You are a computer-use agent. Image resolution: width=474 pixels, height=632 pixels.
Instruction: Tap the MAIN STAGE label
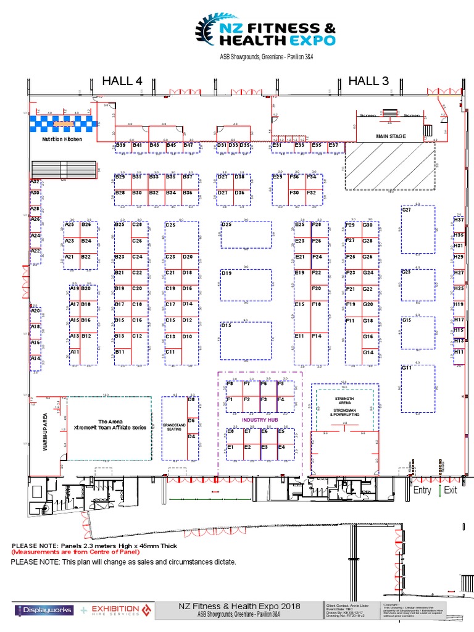(390, 136)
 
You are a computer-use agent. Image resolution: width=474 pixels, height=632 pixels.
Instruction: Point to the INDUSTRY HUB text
(259, 420)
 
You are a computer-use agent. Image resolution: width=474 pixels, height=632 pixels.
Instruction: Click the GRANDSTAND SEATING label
(172, 428)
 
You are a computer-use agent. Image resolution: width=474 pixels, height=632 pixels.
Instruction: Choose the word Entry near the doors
(422, 490)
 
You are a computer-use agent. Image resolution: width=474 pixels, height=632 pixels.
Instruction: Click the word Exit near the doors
(451, 490)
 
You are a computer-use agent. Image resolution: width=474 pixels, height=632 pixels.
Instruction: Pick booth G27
(407, 210)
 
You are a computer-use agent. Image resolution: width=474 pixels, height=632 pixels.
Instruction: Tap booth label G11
(407, 368)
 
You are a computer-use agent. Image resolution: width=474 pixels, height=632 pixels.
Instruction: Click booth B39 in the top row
(122, 145)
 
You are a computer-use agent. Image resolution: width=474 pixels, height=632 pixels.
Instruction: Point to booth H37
(459, 219)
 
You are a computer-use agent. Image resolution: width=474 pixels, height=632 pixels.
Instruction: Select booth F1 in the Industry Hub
(230, 400)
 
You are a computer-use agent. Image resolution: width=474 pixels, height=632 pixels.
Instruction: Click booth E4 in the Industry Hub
(281, 447)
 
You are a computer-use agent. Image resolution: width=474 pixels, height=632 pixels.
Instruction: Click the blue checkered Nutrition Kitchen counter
(63, 123)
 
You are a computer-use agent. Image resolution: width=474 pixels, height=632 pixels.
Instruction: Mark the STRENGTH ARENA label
(344, 401)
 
